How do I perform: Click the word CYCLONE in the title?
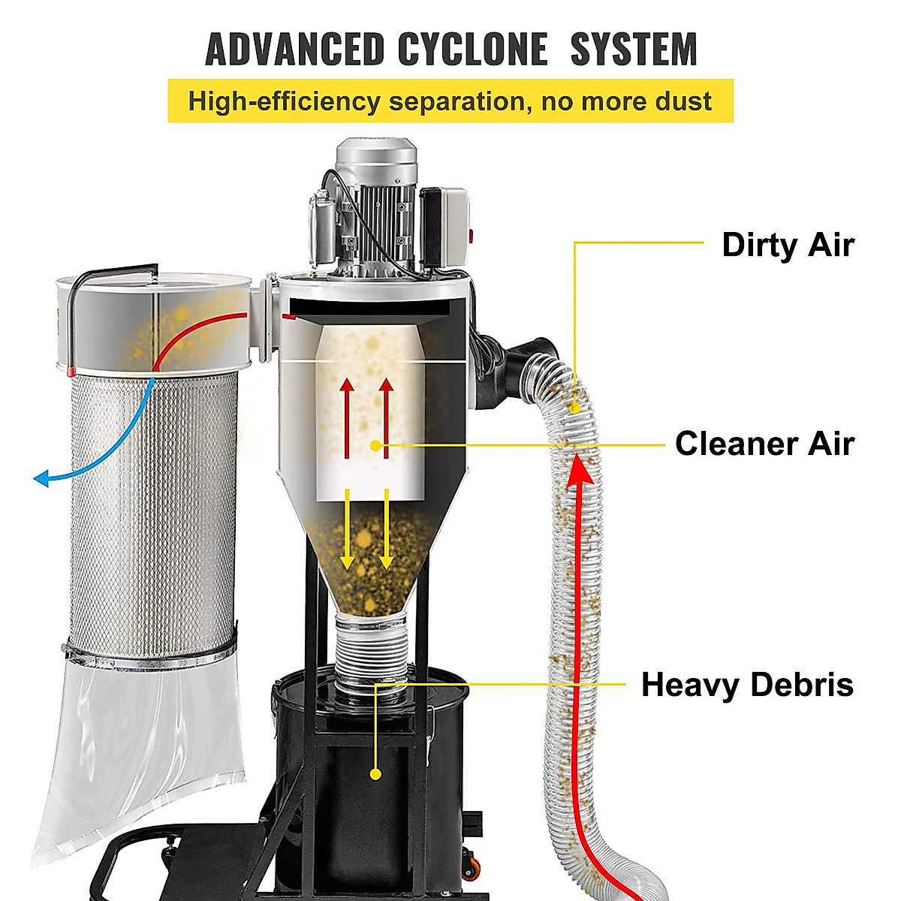click(472, 50)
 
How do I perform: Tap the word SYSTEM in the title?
click(634, 50)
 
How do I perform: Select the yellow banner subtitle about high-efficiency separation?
click(450, 101)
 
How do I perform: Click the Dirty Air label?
click(788, 245)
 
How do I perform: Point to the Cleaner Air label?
click(764, 443)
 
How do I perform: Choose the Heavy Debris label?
click(747, 685)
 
